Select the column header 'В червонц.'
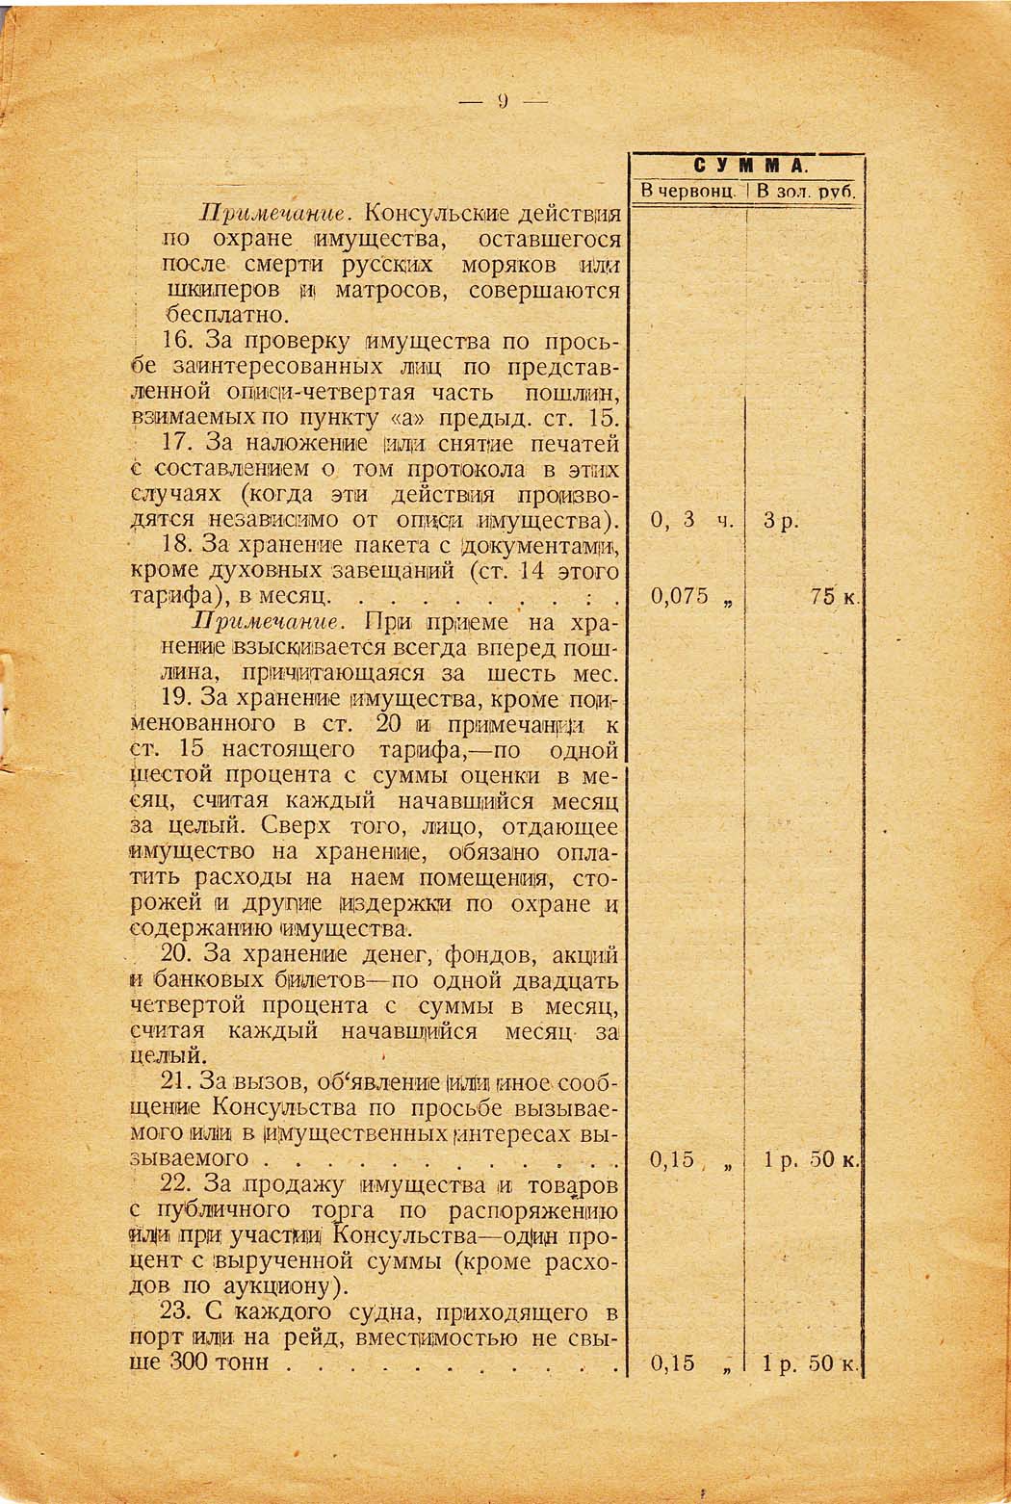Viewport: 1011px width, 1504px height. pyautogui.click(x=687, y=192)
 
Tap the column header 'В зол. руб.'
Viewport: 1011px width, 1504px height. pyautogui.click(x=806, y=192)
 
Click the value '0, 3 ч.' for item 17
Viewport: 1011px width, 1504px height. pyautogui.click(x=692, y=520)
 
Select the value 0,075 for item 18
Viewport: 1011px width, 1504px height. pyautogui.click(x=681, y=596)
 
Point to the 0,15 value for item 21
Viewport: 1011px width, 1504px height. pyautogui.click(x=673, y=1159)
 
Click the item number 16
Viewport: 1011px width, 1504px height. pyautogui.click(x=181, y=342)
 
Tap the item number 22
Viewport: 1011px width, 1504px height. pyautogui.click(x=181, y=1184)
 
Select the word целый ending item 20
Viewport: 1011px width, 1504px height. pyautogui.click(x=165, y=1056)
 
